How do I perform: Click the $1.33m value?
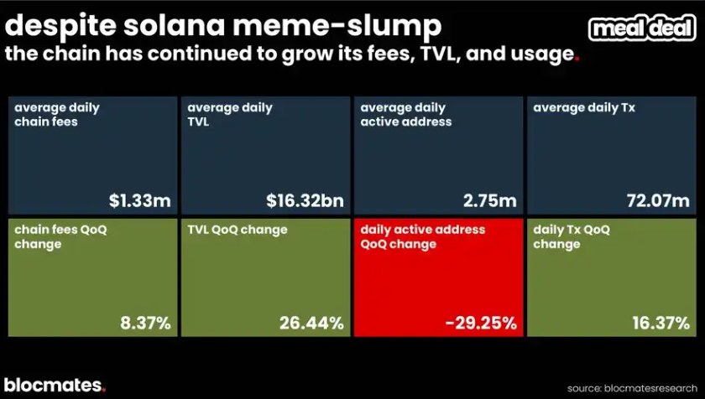(140, 200)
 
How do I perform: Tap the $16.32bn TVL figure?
(305, 200)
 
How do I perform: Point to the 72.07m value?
(655, 200)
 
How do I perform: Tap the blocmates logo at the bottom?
(55, 385)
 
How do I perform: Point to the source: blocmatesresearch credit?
(630, 388)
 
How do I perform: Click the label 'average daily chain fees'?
(57, 114)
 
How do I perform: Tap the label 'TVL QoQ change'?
(238, 230)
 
